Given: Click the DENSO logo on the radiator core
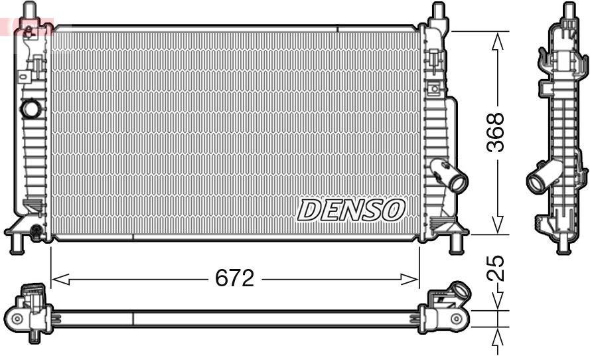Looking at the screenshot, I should (x=351, y=210).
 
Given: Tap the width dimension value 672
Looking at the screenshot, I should (x=234, y=279).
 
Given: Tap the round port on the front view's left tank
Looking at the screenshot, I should (x=30, y=108).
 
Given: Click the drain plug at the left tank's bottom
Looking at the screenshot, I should (x=36, y=230).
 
